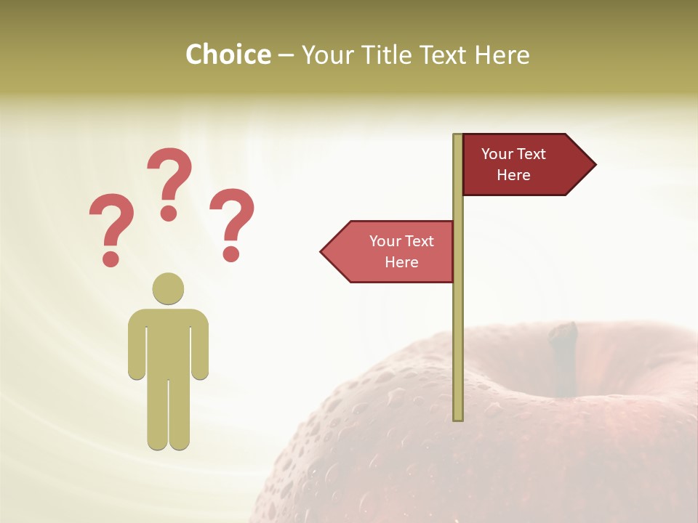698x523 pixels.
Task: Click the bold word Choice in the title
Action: (x=228, y=54)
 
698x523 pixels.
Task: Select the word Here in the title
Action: (x=502, y=54)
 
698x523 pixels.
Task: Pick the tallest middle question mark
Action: (x=169, y=182)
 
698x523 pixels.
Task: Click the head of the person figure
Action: (x=168, y=288)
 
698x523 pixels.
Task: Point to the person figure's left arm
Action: (x=136, y=345)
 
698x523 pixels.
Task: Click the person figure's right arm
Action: (x=200, y=345)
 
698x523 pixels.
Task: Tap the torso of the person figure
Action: (x=168, y=341)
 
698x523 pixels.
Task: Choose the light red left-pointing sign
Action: (x=393, y=251)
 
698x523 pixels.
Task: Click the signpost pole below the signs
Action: (x=458, y=349)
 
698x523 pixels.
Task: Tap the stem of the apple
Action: (x=564, y=356)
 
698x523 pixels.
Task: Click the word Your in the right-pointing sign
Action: (x=497, y=154)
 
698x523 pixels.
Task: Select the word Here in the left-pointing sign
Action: (x=401, y=262)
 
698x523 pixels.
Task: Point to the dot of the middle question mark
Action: (x=169, y=213)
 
